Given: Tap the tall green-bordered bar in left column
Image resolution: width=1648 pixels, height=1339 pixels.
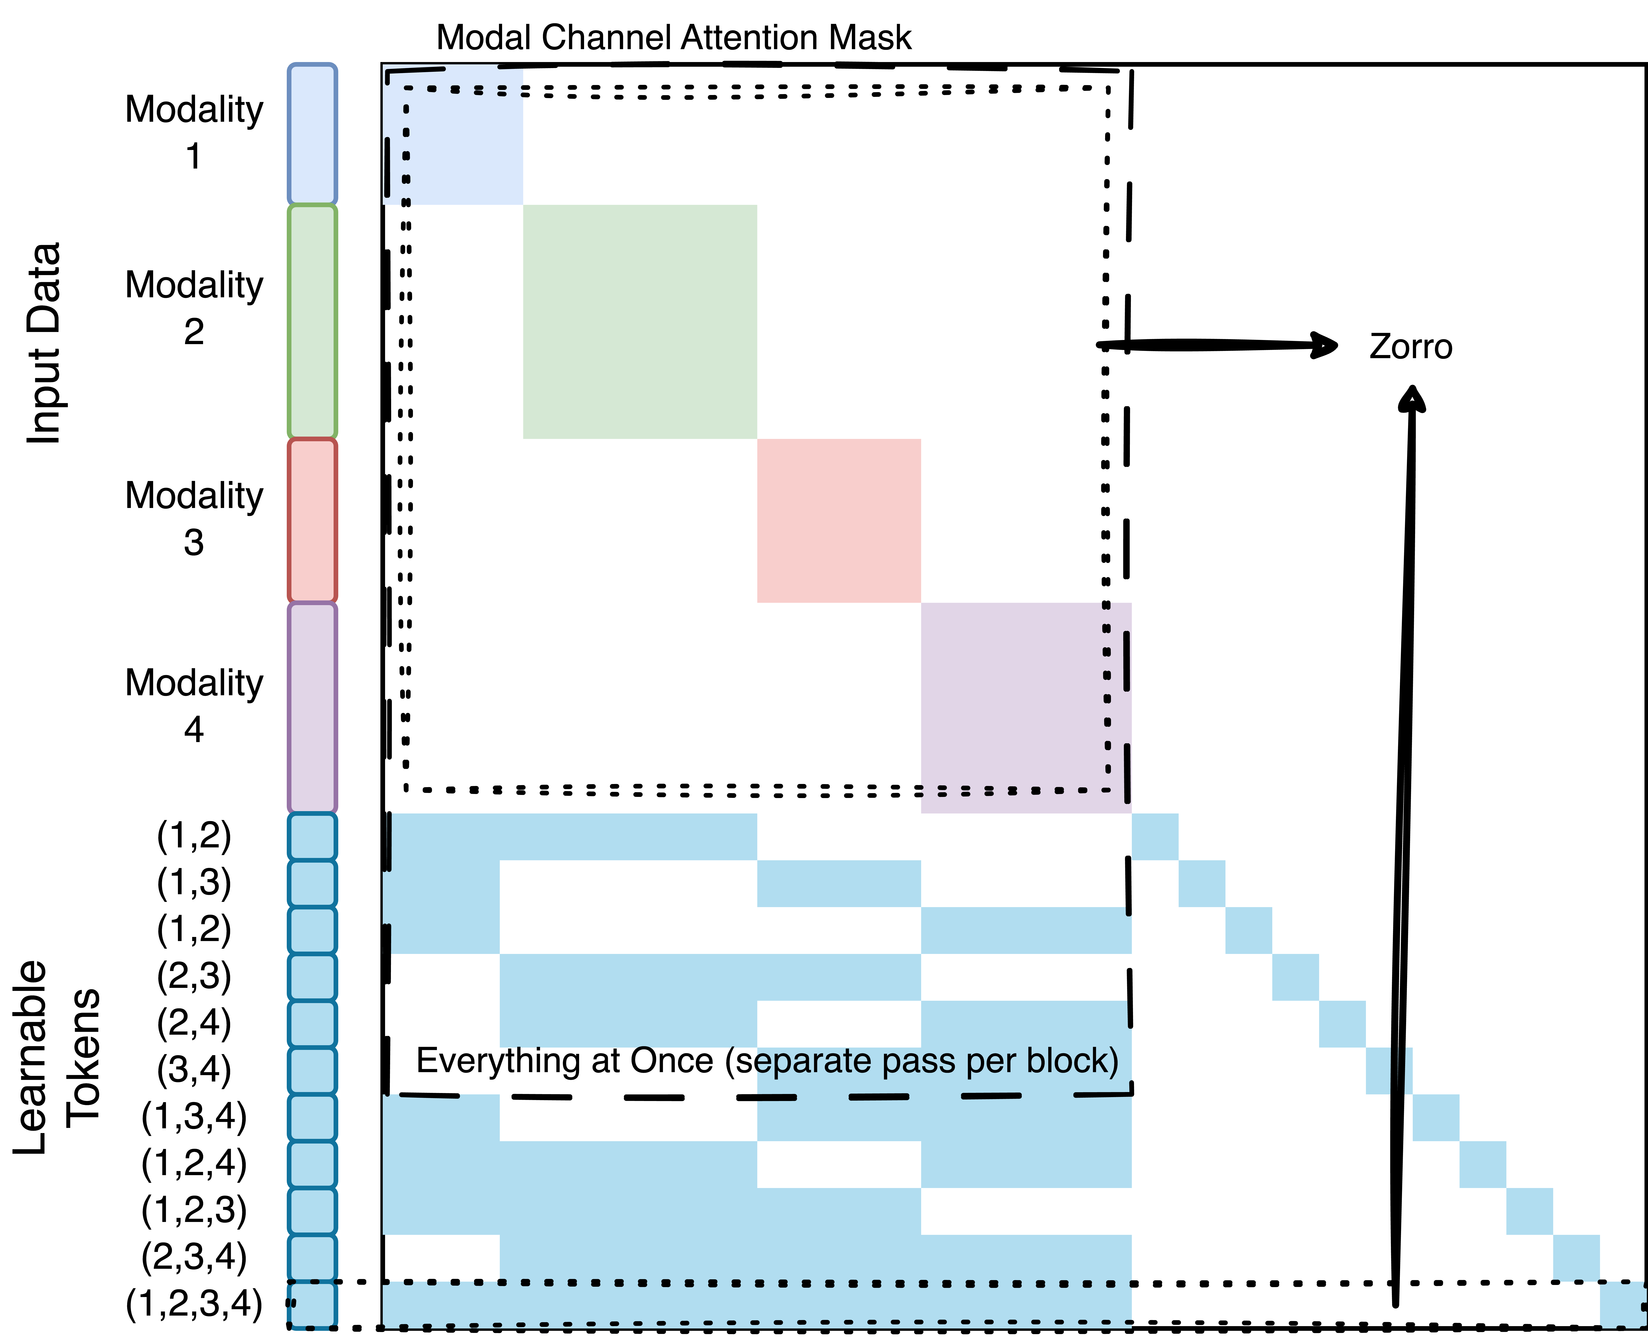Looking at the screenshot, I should pos(312,322).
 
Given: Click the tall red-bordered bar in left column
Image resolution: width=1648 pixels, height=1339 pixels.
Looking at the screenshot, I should pos(312,521).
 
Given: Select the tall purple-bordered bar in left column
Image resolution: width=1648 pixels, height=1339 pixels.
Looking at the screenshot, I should pos(312,707).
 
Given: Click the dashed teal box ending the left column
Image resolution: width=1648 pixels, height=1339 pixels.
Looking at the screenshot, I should pos(312,1305).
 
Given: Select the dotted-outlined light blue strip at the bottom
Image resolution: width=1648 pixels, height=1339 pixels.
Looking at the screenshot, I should pos(756,1305).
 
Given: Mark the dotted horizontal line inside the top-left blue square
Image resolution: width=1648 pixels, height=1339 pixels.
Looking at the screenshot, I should pos(463,90).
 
